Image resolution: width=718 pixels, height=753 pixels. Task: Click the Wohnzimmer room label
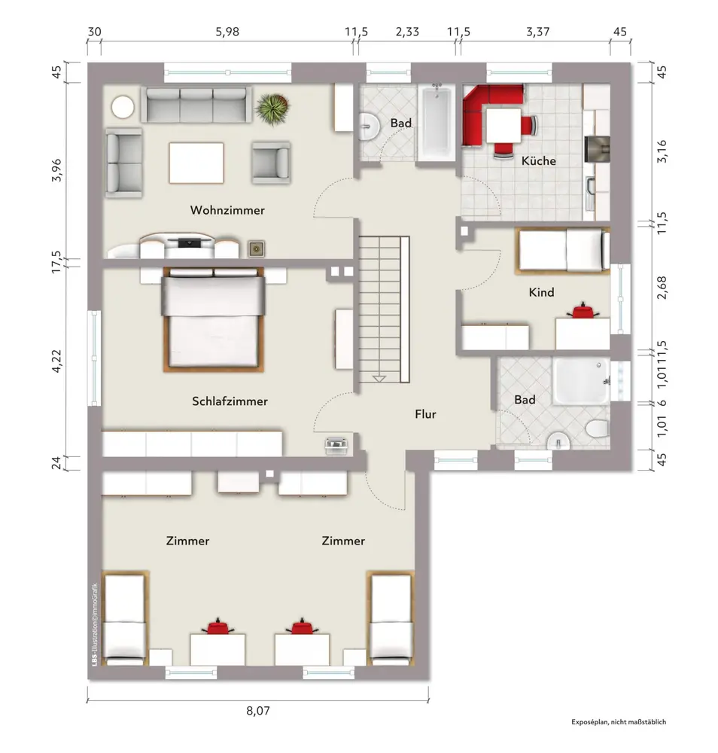pos(227,210)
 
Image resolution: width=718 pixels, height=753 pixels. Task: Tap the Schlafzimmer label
pos(230,401)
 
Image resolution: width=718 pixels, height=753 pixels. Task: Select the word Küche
pos(539,160)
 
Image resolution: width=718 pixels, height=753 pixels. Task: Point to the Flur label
pos(425,414)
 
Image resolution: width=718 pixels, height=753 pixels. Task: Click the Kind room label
pos(541,292)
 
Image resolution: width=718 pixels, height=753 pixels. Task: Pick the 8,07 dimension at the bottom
pos(258,710)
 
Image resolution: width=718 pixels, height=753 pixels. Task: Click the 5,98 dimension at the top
pos(227,32)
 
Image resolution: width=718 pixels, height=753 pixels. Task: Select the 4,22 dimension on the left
pos(56,361)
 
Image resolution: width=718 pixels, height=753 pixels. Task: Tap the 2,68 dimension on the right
pos(662,287)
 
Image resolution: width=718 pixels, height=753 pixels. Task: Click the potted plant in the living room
pos(272,108)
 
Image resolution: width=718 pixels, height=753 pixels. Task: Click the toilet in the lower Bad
pos(598,428)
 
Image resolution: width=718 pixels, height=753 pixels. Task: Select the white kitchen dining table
pos(504,126)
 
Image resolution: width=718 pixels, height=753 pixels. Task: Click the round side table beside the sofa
pos(123,107)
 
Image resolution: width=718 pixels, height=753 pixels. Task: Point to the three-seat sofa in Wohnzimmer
pos(196,104)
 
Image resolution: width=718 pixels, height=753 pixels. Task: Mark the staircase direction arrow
pos(379,379)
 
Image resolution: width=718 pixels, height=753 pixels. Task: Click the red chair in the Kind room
pos(583,311)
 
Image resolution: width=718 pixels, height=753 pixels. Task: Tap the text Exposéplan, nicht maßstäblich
pos(619,722)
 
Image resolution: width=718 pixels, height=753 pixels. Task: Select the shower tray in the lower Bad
pos(581,381)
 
